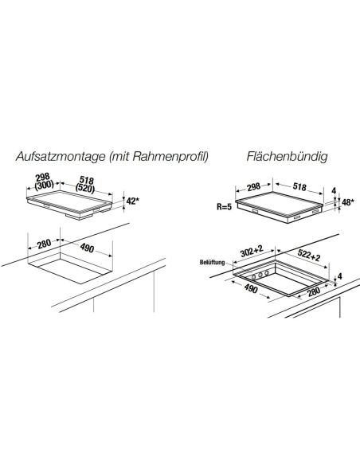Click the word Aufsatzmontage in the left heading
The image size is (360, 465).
point(61,156)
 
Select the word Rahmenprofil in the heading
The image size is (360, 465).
point(170,156)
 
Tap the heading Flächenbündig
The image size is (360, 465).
point(287,156)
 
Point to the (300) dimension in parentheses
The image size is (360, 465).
point(45,185)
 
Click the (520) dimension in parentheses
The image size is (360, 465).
point(85,188)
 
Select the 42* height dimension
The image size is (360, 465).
point(132,201)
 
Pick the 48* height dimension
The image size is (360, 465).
point(348,202)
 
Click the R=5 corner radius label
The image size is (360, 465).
point(224,207)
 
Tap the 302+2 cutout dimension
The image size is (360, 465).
point(252,251)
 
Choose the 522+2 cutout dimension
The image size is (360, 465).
point(309,255)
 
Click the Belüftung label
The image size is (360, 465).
point(213,263)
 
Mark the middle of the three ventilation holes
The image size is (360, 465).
point(260,275)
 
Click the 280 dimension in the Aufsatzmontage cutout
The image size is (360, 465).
point(44,244)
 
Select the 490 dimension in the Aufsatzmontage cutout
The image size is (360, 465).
point(87,248)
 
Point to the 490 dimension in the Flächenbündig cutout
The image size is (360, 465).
point(251,288)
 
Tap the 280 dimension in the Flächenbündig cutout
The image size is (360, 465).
point(314,291)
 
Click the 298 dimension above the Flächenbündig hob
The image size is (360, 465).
point(254,187)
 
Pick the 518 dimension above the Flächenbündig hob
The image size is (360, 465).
point(299,187)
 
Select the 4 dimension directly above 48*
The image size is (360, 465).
point(334,190)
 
